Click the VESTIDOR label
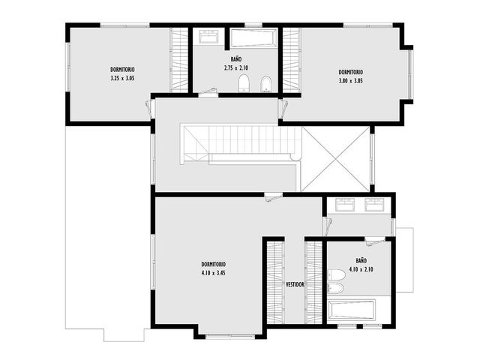pyautogui.click(x=295, y=284)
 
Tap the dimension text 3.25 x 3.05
pyautogui.click(x=122, y=78)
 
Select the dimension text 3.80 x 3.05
pyautogui.click(x=350, y=81)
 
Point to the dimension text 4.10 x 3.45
pyautogui.click(x=213, y=273)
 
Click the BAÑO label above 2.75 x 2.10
pyautogui.click(x=236, y=58)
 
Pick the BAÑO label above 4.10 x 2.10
pyautogui.click(x=361, y=260)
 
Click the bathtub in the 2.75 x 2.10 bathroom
pyautogui.click(x=253, y=38)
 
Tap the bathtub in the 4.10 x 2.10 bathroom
pyautogui.click(x=352, y=310)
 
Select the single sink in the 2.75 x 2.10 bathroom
pyautogui.click(x=208, y=37)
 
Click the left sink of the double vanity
pyautogui.click(x=345, y=205)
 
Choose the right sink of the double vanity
pyautogui.click(x=374, y=205)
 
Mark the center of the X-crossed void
pyautogui.click(x=336, y=159)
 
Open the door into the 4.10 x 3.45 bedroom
pyautogui.click(x=273, y=196)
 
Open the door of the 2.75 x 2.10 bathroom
pyautogui.click(x=208, y=93)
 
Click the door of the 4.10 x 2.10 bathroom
pyautogui.click(x=375, y=241)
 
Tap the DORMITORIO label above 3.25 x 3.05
pyautogui.click(x=122, y=70)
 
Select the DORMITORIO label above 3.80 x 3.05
pyautogui.click(x=350, y=72)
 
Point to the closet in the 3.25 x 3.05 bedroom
pyautogui.click(x=178, y=60)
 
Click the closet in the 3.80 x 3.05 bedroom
pyautogui.click(x=291, y=60)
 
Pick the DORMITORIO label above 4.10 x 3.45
pyautogui.click(x=213, y=264)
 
